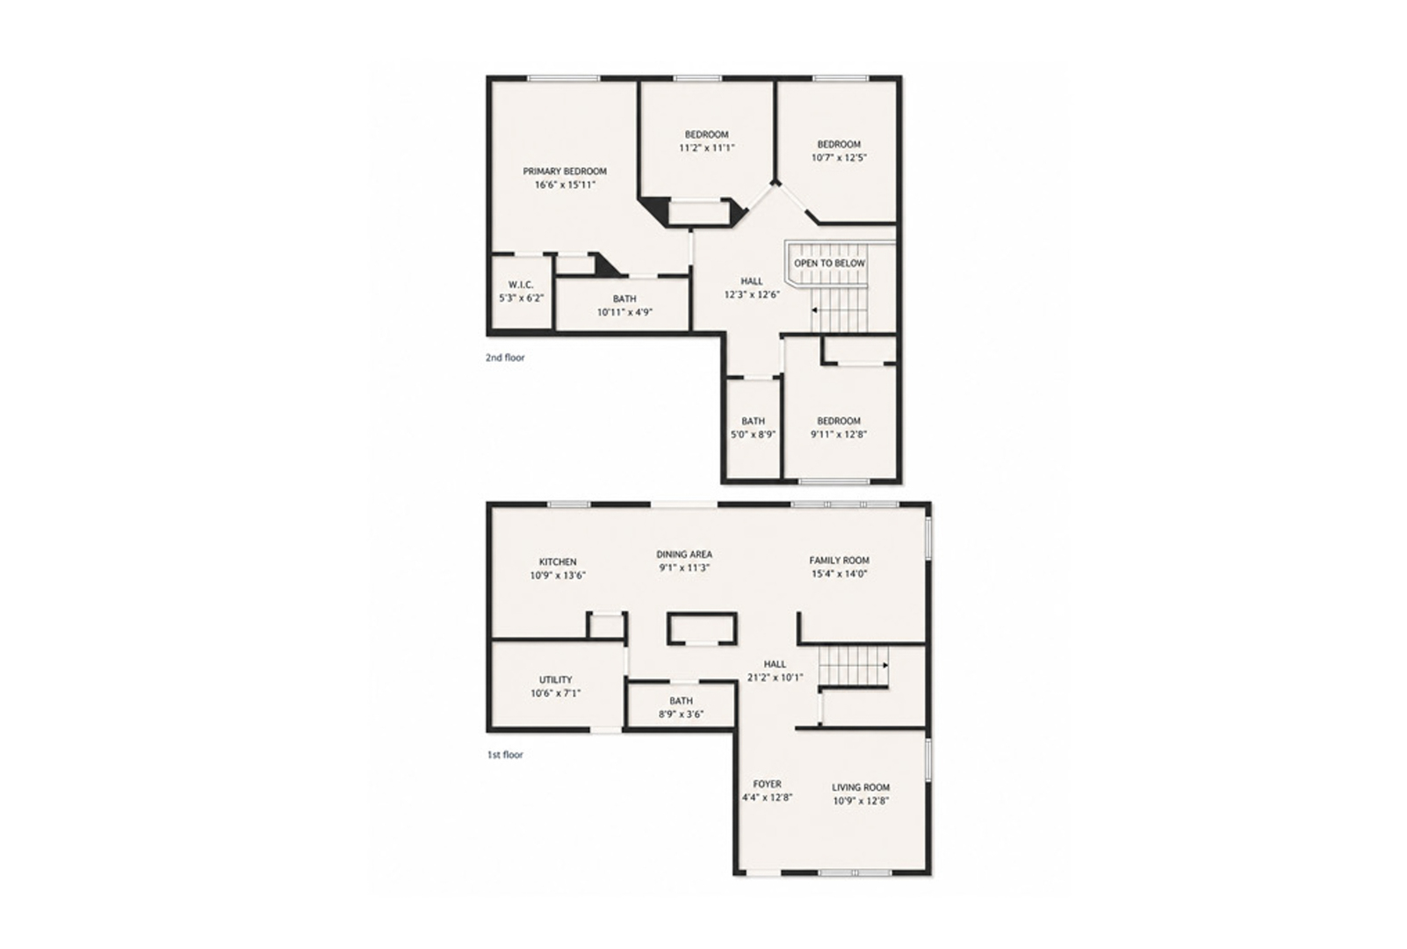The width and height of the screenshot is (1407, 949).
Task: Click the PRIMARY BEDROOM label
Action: click(565, 171)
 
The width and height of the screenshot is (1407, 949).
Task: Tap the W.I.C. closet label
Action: click(521, 285)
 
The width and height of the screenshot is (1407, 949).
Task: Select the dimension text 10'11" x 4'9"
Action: click(624, 312)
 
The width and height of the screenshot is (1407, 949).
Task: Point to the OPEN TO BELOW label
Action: click(829, 264)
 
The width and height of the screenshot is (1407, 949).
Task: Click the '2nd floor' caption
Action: click(505, 358)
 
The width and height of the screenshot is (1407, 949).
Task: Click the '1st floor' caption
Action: click(505, 754)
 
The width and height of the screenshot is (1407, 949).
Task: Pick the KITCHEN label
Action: click(558, 561)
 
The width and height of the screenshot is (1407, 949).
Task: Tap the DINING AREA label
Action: click(684, 554)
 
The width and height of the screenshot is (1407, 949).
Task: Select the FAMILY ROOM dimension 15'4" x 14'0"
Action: click(839, 573)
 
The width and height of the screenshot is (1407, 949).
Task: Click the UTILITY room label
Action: click(556, 679)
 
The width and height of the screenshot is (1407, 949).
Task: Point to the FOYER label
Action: click(767, 784)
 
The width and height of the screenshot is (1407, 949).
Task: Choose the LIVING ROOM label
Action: click(861, 786)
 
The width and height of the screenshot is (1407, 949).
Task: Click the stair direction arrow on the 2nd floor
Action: click(815, 310)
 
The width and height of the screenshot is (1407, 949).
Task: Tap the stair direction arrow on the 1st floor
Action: click(885, 665)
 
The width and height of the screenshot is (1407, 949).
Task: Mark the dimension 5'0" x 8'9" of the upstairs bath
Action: click(753, 434)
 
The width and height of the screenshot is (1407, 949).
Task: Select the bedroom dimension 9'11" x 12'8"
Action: click(839, 434)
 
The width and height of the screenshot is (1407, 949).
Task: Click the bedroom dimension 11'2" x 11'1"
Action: click(707, 148)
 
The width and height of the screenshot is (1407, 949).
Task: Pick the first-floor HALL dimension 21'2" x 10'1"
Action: click(776, 677)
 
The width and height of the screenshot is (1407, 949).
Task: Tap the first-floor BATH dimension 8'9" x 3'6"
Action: click(681, 714)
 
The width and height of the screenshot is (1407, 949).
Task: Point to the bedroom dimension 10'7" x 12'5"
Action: click(839, 158)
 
